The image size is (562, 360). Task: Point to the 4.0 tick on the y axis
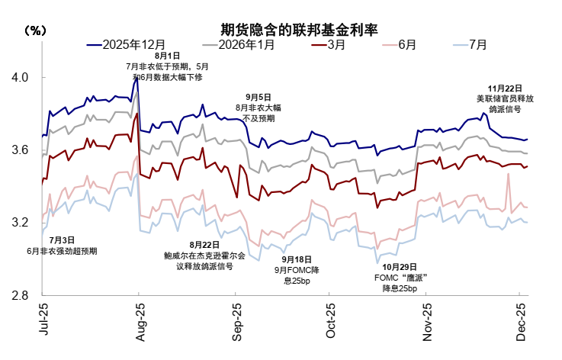click(20, 78)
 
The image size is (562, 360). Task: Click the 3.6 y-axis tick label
click(20, 151)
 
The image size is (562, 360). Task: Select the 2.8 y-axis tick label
click(20, 296)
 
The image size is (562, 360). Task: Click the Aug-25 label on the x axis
click(139, 321)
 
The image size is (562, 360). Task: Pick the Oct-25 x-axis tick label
click(331, 321)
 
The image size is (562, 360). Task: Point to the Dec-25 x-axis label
click(522, 321)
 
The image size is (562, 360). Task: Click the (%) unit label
click(35, 31)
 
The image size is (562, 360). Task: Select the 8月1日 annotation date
click(167, 56)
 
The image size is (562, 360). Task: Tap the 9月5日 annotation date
click(258, 97)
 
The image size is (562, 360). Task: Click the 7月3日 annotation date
click(62, 240)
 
